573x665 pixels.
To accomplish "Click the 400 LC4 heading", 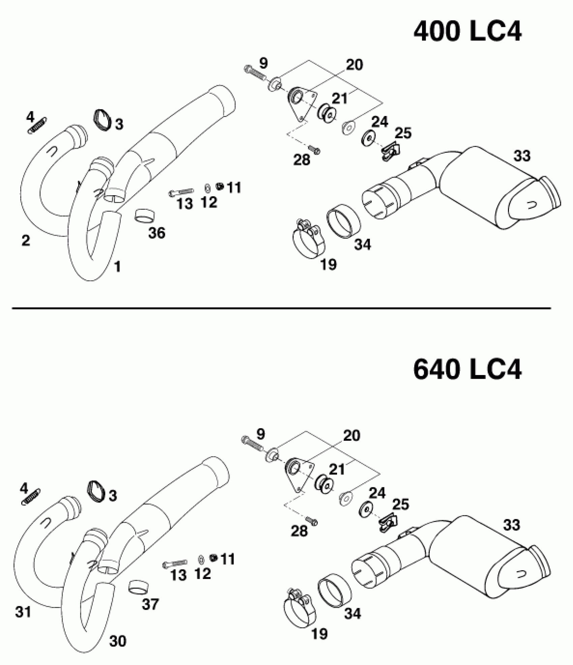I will (x=467, y=33).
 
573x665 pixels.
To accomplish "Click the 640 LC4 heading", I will (x=467, y=370).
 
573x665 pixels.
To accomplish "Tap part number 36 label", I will (x=157, y=233).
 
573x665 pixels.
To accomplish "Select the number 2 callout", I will (x=26, y=240).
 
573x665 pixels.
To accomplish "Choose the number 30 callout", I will (x=118, y=641).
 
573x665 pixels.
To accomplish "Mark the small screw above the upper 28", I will (x=315, y=150).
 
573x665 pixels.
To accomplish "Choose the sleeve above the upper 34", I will (x=343, y=224).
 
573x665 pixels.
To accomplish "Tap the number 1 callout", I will (x=117, y=267).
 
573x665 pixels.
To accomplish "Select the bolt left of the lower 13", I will (x=175, y=563).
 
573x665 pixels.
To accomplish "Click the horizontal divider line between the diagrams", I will (x=281, y=308).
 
